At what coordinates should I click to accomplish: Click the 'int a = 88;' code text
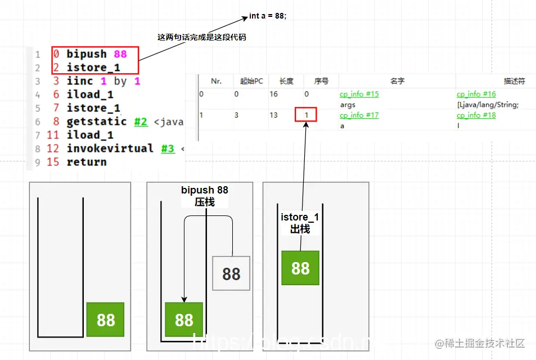(268, 16)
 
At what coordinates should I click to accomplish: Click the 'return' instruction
(86, 162)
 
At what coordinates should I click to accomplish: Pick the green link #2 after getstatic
(141, 121)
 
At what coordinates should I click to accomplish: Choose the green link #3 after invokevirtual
(168, 148)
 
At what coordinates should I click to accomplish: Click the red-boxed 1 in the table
(306, 115)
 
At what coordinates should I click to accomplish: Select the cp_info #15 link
(359, 94)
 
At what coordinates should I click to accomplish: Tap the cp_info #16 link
(476, 94)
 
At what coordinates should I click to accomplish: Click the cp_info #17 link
(359, 115)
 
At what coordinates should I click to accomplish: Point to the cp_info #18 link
(476, 115)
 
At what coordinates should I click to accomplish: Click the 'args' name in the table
(348, 105)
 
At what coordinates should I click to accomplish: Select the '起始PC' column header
(251, 81)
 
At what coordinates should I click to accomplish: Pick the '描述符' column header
(514, 81)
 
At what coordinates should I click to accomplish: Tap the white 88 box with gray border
(231, 274)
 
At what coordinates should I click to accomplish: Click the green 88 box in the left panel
(106, 319)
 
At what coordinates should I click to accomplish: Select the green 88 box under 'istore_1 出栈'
(300, 268)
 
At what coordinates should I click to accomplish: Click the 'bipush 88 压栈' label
(205, 196)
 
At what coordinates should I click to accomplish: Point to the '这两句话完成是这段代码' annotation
(201, 37)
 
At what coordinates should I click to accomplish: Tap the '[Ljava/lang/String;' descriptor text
(487, 105)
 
